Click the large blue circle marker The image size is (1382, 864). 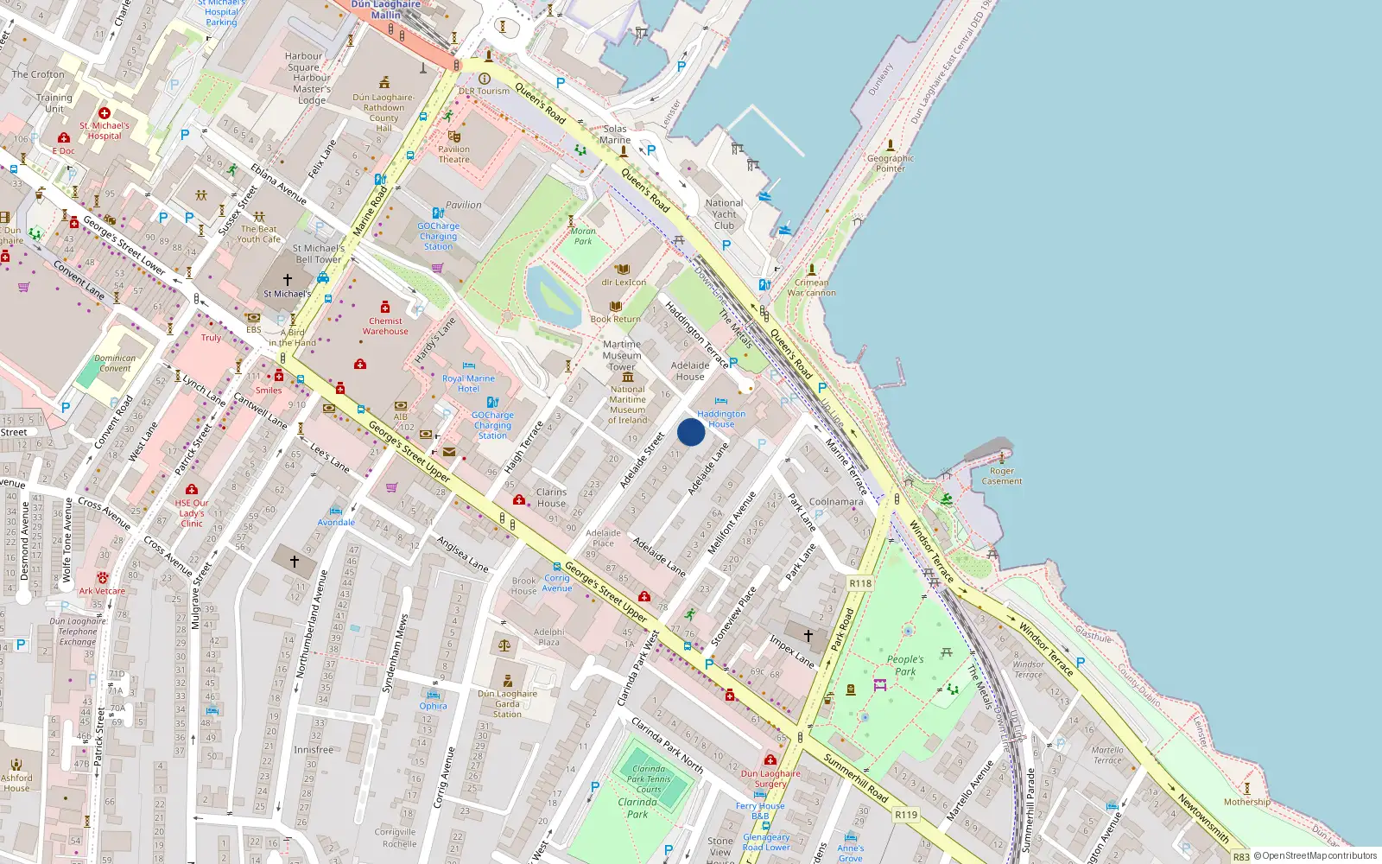click(x=691, y=432)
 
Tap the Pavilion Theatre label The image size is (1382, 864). click(x=453, y=154)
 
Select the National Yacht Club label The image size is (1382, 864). click(x=724, y=214)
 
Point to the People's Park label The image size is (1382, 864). click(x=905, y=665)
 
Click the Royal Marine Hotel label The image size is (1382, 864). click(x=468, y=384)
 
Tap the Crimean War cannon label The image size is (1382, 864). click(x=811, y=288)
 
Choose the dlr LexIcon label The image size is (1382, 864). click(x=624, y=282)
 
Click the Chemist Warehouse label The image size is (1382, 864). click(x=385, y=326)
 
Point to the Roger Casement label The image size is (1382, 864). click(x=1002, y=476)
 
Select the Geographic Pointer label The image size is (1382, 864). click(x=890, y=163)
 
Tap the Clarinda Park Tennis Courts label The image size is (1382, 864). click(x=649, y=778)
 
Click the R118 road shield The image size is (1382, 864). click(x=860, y=583)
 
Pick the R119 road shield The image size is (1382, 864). click(x=906, y=815)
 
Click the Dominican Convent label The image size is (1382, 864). click(x=115, y=363)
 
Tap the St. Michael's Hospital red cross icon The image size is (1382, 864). click(x=105, y=113)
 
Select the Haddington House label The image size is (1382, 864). click(x=721, y=419)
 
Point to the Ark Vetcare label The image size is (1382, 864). click(x=102, y=591)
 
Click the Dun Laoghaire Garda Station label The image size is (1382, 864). click(x=507, y=703)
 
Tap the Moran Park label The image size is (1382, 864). click(x=583, y=236)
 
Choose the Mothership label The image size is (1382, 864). click(x=1246, y=802)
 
